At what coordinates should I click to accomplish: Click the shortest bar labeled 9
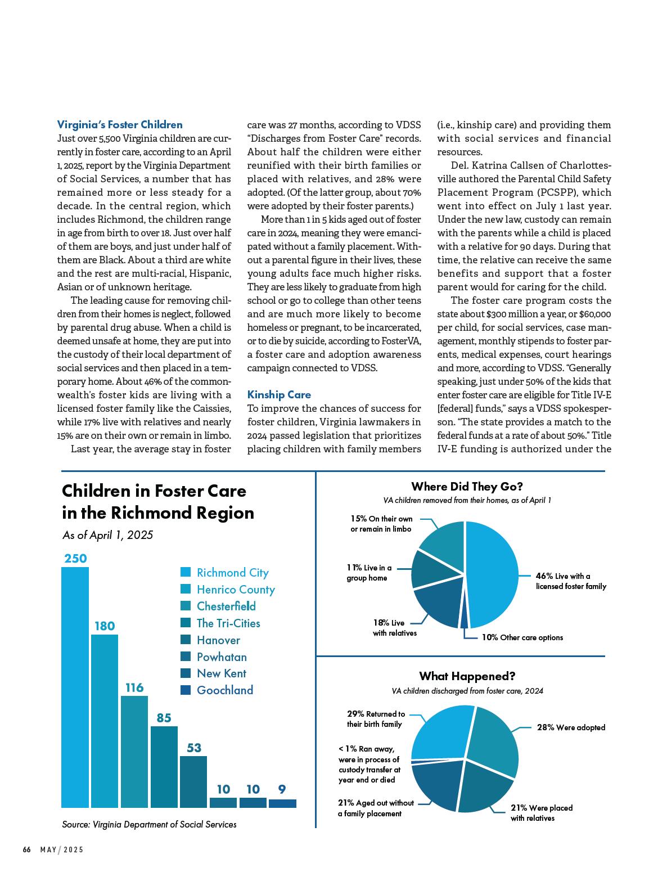pos(282,803)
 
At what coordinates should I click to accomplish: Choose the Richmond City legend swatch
pos(186,573)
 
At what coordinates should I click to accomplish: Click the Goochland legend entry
pos(224,690)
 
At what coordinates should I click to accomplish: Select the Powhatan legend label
pos(222,657)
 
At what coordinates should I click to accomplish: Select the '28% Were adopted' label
pos(571,727)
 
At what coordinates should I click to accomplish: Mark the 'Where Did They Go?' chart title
pos(467,487)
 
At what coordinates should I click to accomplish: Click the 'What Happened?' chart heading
pos(467,676)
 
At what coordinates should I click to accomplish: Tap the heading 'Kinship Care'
pos(279,395)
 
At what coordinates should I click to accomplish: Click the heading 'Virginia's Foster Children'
pos(120,125)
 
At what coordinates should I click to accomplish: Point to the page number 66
pos(26,850)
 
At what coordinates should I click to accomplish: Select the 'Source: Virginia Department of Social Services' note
pos(149,824)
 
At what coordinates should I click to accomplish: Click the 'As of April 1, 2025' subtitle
pos(107,535)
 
